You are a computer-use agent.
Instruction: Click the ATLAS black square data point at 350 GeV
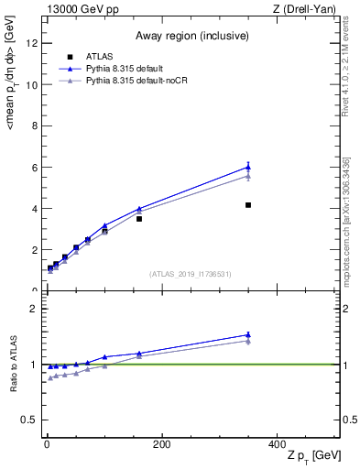[x=248, y=205]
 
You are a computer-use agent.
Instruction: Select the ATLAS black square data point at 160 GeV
[x=139, y=219]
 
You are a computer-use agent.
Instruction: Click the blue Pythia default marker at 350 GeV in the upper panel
[x=248, y=167]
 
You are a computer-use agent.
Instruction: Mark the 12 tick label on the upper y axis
[x=31, y=43]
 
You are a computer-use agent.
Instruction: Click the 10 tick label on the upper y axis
[x=31, y=84]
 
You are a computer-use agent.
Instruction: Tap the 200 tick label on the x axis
[x=162, y=444]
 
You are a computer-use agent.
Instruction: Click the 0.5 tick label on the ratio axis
[x=29, y=420]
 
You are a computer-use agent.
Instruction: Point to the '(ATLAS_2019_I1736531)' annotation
[x=191, y=274]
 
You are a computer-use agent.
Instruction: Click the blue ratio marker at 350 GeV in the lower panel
[x=248, y=334]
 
